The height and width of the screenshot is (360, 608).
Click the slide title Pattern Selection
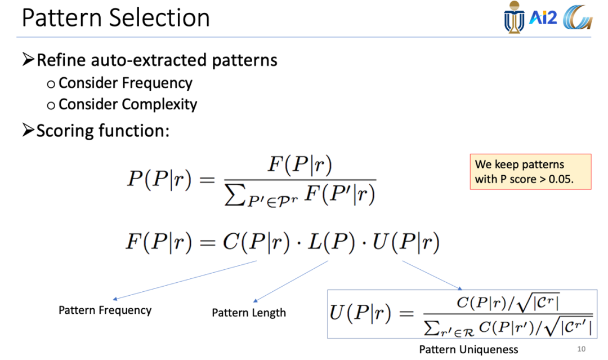tap(115, 18)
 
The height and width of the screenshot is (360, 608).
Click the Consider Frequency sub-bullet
tap(125, 83)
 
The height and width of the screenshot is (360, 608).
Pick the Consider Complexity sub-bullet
tap(127, 104)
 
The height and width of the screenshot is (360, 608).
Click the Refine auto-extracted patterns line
tap(157, 60)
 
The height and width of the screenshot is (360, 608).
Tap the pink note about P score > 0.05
tap(530, 171)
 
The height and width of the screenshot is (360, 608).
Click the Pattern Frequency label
tap(105, 310)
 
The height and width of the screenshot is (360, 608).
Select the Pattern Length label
tap(249, 313)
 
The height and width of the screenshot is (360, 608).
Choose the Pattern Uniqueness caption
tap(468, 349)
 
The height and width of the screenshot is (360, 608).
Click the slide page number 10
tap(581, 349)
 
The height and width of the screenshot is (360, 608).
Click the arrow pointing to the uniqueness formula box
tap(432, 274)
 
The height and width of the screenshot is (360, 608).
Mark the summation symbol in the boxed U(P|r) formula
tap(431, 326)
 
